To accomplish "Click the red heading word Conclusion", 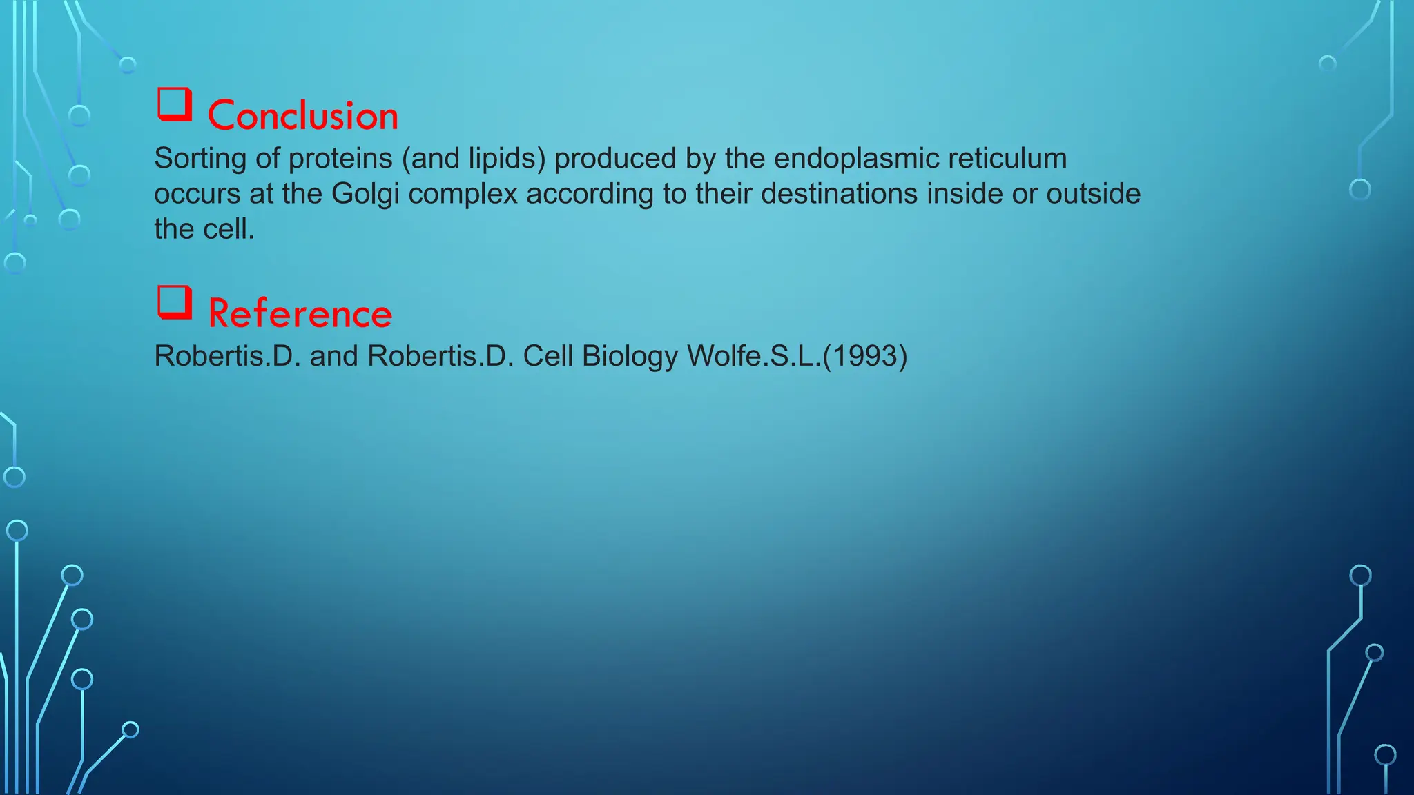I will (x=302, y=115).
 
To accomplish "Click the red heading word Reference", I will (x=300, y=313).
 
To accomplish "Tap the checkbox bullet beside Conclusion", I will (x=174, y=104).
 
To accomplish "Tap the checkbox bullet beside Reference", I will (x=174, y=302).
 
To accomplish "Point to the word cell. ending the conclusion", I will (x=232, y=230).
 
